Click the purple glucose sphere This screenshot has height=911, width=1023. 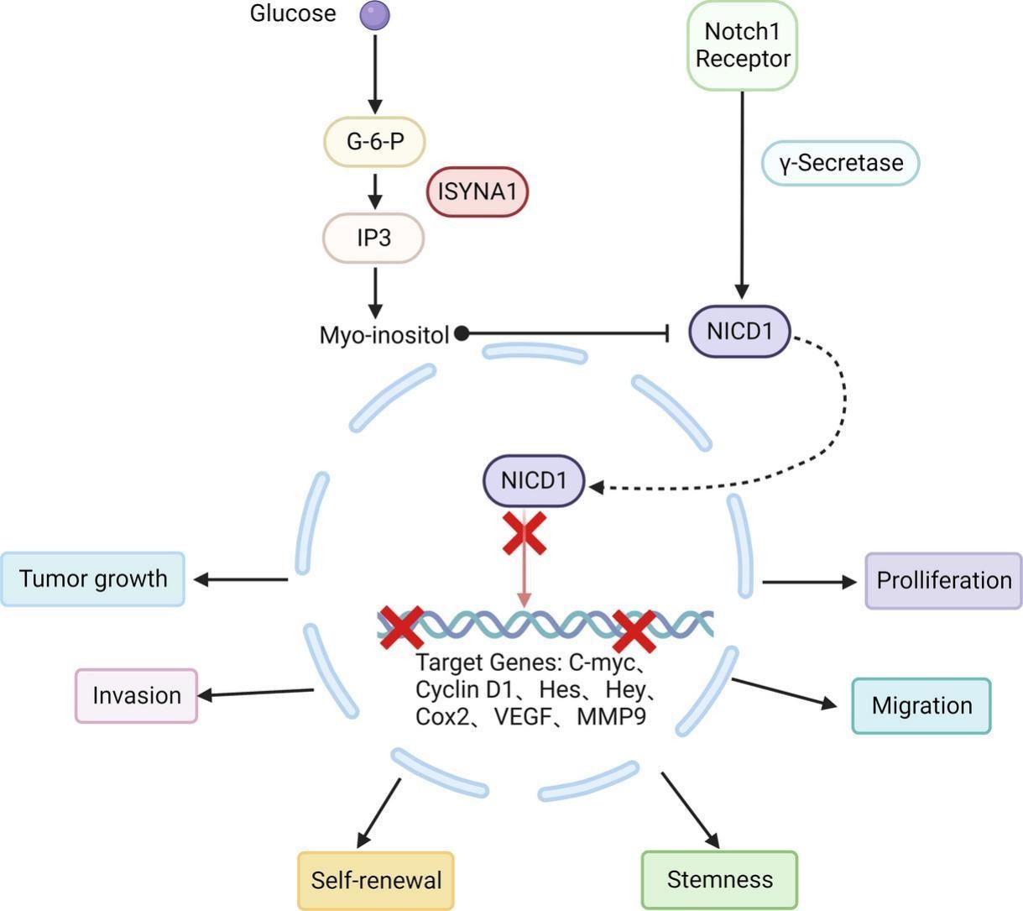coord(374,15)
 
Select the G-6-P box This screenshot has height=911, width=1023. coord(375,141)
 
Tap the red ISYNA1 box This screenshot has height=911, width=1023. coord(478,191)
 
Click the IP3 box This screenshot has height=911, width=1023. coord(374,238)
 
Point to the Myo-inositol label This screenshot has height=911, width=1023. coord(384,335)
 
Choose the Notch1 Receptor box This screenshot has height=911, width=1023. coord(742,45)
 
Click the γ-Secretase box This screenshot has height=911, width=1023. coord(840,163)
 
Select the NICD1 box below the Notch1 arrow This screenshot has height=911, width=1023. coord(739,331)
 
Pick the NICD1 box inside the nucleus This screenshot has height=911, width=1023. coord(534,481)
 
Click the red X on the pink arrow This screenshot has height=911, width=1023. coord(525,534)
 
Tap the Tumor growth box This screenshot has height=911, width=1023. coord(93,579)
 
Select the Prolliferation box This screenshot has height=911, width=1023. coord(943,580)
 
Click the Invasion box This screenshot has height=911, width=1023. coord(137,696)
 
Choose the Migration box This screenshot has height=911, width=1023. coord(921,706)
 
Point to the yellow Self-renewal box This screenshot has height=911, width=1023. coord(376,880)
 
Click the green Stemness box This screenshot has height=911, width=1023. coord(719,880)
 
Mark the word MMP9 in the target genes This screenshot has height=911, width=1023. coord(611,717)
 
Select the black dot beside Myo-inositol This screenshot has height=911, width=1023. coord(462,334)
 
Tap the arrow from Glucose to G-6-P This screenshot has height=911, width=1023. coord(375,71)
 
